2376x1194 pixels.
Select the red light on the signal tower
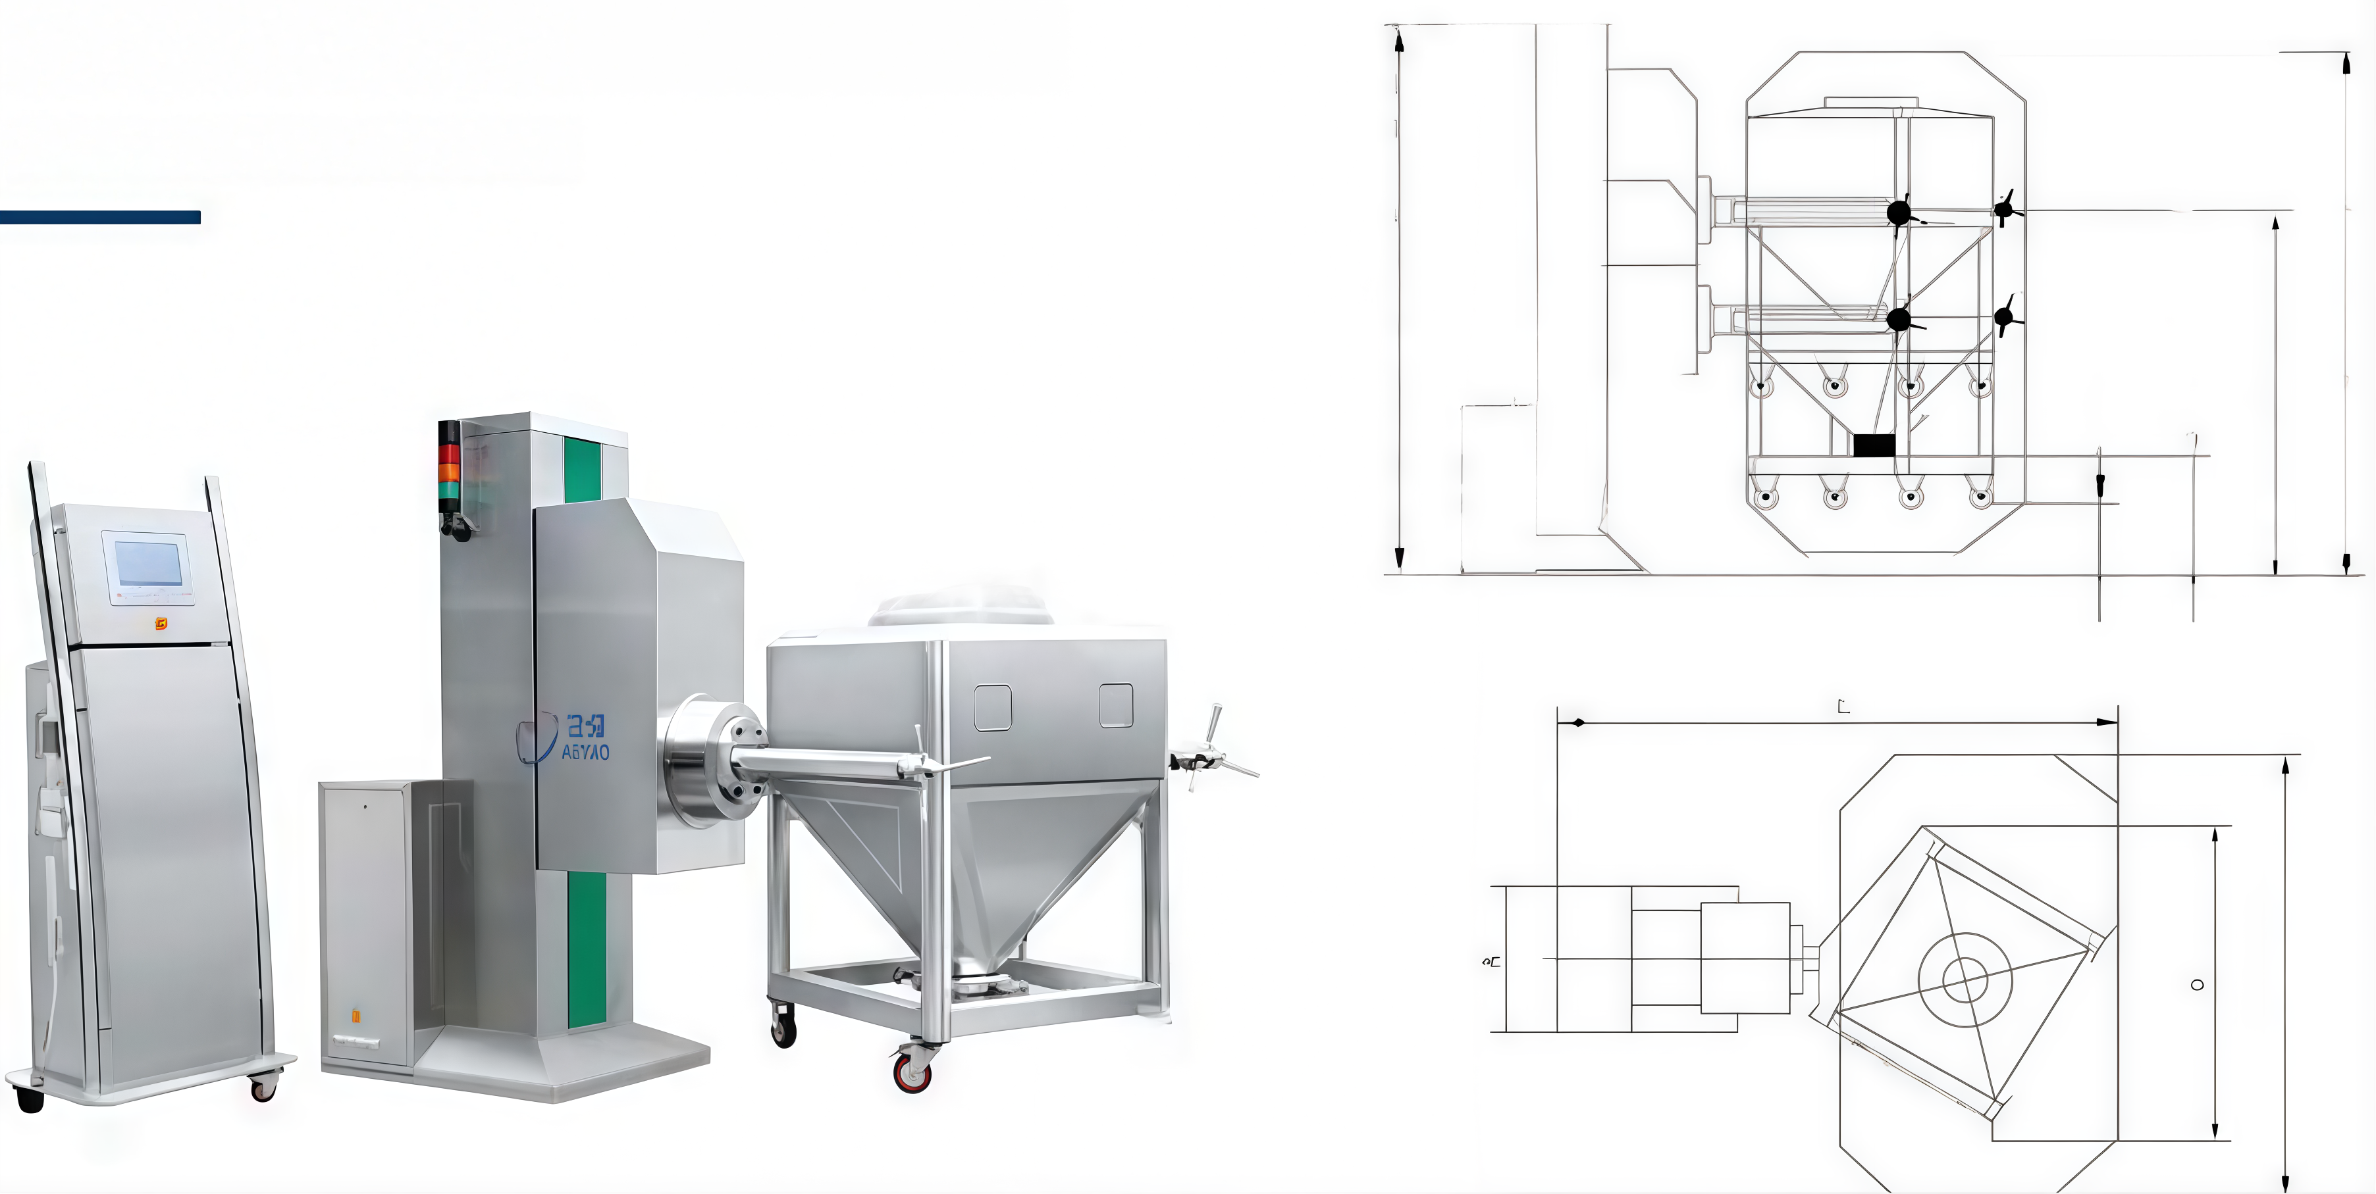(448, 454)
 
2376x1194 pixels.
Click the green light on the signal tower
(448, 489)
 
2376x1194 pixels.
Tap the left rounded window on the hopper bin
(992, 708)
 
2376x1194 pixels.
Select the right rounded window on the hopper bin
(1116, 705)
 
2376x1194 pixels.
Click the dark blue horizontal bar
(99, 218)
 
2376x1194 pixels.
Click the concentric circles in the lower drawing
(1965, 978)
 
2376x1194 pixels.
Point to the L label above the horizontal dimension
(1843, 707)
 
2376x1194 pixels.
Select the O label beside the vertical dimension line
(2197, 985)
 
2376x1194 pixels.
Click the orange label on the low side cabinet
(356, 1016)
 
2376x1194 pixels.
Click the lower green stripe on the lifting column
(587, 950)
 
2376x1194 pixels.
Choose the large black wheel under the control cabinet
(30, 1099)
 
